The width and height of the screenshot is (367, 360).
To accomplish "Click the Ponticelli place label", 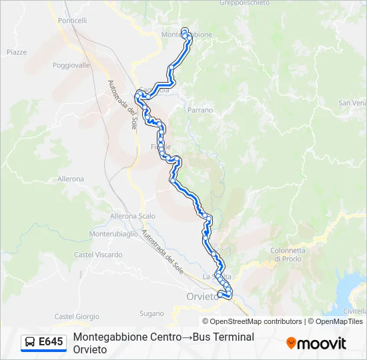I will tap(73, 21).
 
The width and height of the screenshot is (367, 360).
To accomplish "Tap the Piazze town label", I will tap(17, 52).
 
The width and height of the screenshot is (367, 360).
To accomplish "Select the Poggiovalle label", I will tap(71, 65).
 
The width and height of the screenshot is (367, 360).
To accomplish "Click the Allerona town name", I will tap(71, 179).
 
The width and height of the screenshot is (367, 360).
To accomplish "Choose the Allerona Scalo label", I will tap(133, 216).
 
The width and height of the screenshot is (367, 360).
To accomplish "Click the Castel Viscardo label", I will tap(98, 255).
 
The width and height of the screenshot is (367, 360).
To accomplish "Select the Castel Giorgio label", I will tap(77, 317).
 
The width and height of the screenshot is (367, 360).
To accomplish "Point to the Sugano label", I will tap(151, 313).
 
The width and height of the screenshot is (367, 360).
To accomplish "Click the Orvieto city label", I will tap(202, 297).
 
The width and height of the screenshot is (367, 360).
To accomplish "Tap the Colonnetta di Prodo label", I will tap(288, 255).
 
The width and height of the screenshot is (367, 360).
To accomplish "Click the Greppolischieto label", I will tap(245, 3).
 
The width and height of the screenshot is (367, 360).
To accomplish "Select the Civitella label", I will tap(353, 311).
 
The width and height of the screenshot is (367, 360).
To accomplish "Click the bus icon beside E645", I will tap(30, 342).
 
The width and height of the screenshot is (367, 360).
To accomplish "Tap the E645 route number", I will tap(51, 342).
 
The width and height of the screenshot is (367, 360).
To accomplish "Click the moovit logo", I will tap(316, 343).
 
